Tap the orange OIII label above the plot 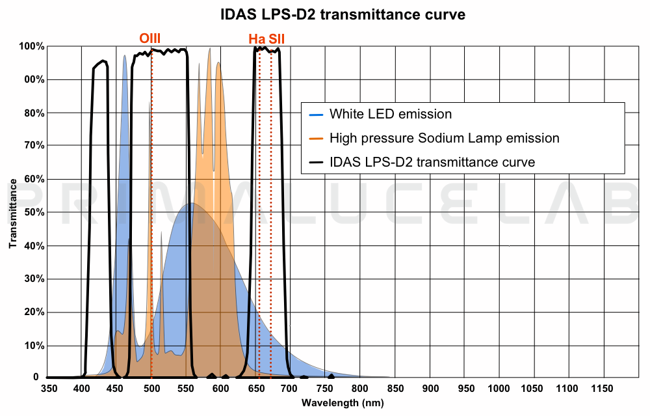150,39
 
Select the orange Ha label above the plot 257,40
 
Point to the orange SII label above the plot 277,40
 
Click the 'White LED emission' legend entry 390,114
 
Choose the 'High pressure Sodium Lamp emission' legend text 444,138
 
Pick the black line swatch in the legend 316,162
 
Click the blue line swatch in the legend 316,115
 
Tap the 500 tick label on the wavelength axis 151,389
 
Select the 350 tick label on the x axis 49,389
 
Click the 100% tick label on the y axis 31,47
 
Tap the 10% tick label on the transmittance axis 34,346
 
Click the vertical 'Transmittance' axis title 12,213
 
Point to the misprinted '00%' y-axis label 34,80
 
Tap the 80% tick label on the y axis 34,113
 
